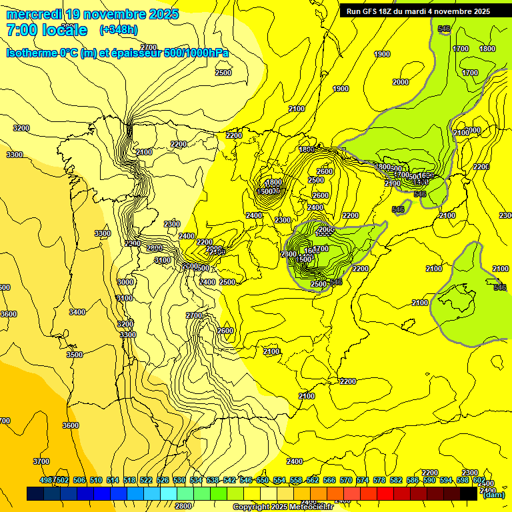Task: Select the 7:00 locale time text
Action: (47, 30)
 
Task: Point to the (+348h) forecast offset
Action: (119, 30)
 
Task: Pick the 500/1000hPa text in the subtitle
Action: (197, 53)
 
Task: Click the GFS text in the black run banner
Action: (369, 11)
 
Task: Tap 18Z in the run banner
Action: (387, 11)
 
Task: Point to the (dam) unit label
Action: (493, 494)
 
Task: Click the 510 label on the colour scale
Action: (96, 481)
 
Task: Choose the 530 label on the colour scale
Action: (179, 481)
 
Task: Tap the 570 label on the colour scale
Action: (346, 481)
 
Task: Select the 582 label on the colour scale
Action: (395, 481)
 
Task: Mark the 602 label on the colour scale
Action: (479, 481)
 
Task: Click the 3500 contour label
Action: (75, 355)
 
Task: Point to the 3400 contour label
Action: (77, 312)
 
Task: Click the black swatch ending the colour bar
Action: (469, 493)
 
